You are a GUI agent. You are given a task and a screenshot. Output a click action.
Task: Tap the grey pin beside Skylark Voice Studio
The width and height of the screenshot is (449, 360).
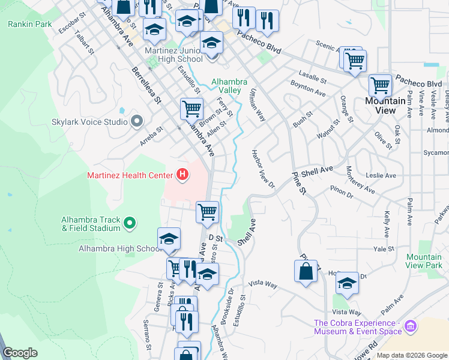(x=136, y=122)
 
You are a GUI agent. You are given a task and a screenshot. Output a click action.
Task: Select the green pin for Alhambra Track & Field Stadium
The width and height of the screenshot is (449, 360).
(x=129, y=224)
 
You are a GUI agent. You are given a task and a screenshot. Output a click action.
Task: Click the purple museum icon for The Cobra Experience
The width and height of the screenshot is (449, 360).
(x=411, y=326)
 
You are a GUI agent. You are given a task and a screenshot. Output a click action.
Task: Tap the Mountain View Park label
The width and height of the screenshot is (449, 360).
(x=424, y=260)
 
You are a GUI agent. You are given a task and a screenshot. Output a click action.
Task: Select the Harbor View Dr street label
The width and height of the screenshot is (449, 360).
(x=263, y=168)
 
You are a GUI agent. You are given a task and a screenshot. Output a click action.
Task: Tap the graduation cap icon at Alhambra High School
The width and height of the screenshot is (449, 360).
(x=169, y=239)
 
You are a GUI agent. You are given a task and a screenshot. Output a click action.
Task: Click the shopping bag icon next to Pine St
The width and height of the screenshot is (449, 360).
(x=306, y=270)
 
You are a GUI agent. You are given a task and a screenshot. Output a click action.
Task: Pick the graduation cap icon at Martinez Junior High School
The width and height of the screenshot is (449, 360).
(x=211, y=43)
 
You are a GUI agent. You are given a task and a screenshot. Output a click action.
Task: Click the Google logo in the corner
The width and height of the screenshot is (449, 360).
(x=20, y=353)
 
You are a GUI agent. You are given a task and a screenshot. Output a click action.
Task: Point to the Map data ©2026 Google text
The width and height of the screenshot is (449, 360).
(x=411, y=355)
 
